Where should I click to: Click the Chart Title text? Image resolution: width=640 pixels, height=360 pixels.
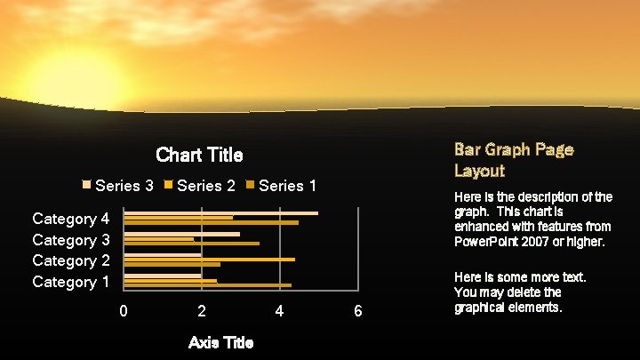(x=199, y=155)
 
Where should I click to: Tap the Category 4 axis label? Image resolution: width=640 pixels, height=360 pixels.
(x=70, y=219)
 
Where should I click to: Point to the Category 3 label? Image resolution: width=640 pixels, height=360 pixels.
(x=70, y=240)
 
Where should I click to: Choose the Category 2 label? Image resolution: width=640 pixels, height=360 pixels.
(x=70, y=260)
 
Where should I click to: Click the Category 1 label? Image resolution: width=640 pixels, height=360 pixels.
(x=70, y=282)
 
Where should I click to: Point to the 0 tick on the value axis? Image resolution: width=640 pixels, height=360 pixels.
(x=124, y=311)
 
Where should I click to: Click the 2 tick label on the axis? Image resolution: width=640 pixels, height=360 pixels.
(x=202, y=311)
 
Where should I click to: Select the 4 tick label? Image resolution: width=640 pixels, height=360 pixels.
(x=280, y=311)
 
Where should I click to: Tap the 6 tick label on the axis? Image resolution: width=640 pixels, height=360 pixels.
(x=357, y=311)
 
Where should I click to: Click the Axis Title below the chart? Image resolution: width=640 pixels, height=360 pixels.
(x=220, y=342)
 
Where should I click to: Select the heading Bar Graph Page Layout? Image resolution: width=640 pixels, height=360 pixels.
(x=514, y=159)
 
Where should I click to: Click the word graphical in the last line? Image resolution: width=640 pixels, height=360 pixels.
(x=481, y=308)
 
